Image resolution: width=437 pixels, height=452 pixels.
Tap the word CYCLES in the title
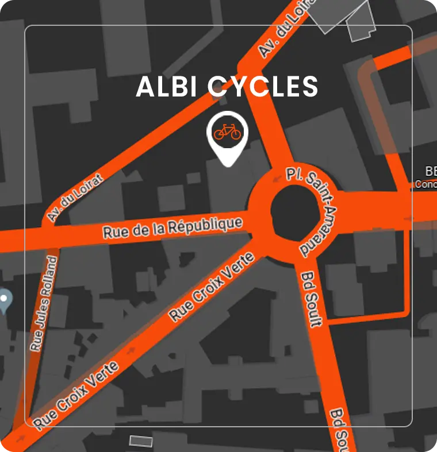tap(262, 87)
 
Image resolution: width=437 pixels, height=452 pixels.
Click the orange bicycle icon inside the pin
tap(227, 132)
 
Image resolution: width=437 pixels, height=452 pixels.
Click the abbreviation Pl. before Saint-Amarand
tap(294, 173)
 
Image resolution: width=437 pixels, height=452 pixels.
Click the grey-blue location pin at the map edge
tap(5, 300)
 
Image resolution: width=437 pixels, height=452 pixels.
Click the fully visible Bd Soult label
tap(310, 299)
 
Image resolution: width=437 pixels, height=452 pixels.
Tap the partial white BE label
tap(430, 171)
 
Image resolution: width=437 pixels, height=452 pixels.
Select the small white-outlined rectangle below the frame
tap(141, 441)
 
